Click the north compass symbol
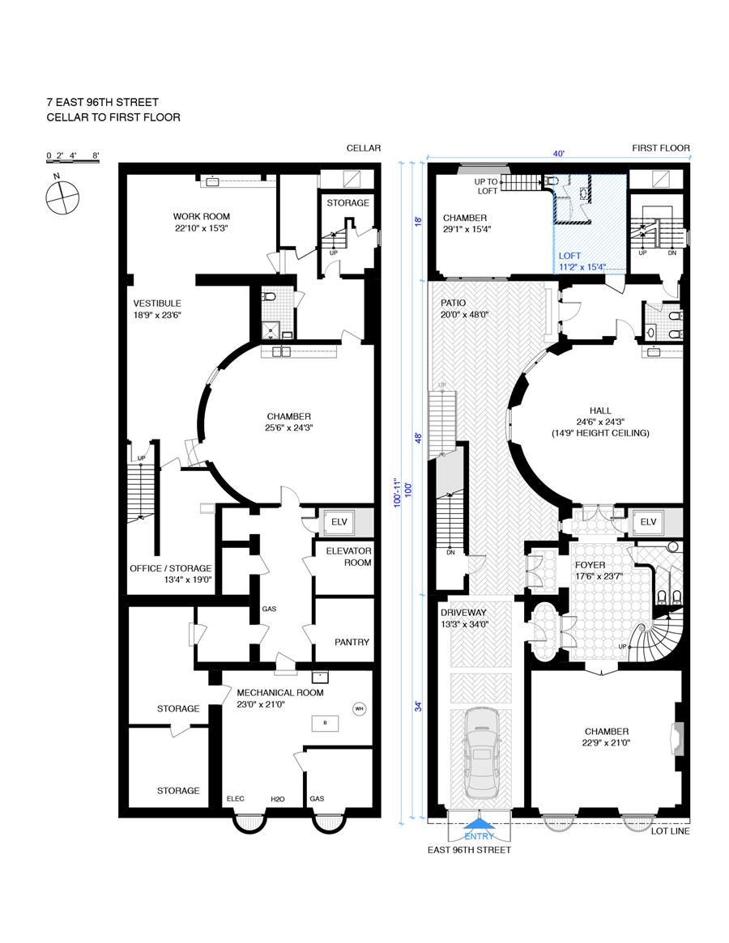(62, 195)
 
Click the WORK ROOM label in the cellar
(201, 216)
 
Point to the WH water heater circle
(360, 708)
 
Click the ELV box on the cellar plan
(339, 522)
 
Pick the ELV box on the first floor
(648, 522)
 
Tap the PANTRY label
(352, 643)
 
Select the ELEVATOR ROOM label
(349, 556)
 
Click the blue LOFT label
(569, 256)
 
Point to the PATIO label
(454, 303)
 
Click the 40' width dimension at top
(559, 154)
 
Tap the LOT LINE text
(671, 831)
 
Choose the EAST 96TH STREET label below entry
(469, 850)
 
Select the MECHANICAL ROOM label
(280, 693)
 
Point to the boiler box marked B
(325, 723)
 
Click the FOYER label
(590, 565)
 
